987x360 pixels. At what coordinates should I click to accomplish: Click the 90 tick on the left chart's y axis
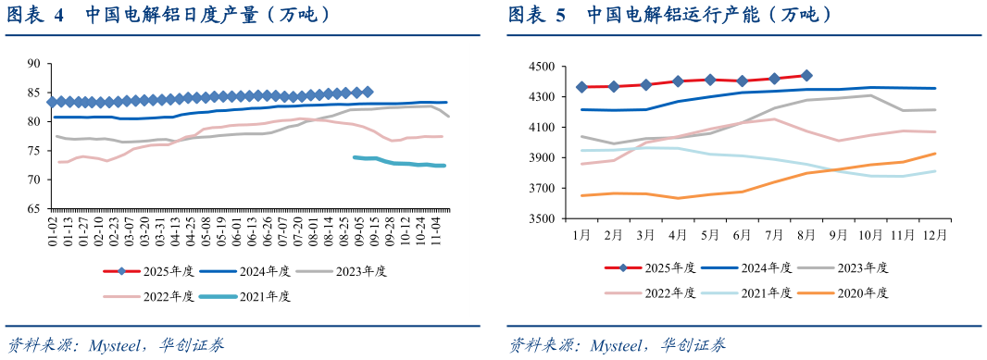click(x=35, y=64)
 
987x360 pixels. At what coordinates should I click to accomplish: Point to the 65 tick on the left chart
click(x=35, y=209)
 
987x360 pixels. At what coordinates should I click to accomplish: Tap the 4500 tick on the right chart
click(x=540, y=67)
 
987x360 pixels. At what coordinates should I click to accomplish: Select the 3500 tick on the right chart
click(x=540, y=219)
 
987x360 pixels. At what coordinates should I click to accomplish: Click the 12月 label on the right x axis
click(x=932, y=235)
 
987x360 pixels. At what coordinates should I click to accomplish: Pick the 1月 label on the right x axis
click(x=581, y=235)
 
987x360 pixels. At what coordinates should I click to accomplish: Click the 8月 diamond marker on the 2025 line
click(x=806, y=76)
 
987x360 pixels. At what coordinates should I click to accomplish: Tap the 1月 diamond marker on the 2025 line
click(x=582, y=87)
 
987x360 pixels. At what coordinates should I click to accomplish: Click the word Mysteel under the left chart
click(x=113, y=346)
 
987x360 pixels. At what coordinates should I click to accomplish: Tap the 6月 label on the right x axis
click(x=742, y=235)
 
